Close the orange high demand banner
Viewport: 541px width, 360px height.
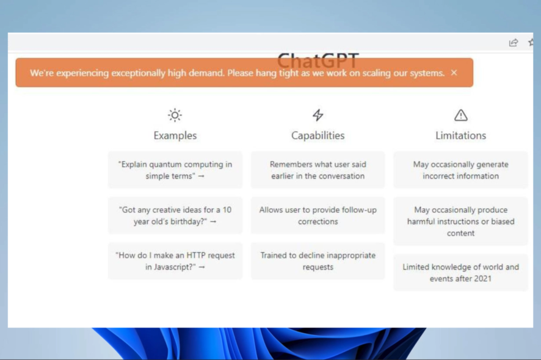454,73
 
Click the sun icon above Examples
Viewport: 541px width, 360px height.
175,115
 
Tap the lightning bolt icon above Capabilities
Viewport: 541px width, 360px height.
318,115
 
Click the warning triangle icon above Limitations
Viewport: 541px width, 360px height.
460,115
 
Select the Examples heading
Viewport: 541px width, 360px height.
175,135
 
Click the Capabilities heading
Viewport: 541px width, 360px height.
318,135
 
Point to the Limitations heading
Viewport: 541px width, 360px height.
460,135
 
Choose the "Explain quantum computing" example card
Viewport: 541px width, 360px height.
175,170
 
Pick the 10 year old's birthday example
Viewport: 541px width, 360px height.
175,215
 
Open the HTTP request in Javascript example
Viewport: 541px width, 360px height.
175,261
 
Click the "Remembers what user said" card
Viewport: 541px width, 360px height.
318,170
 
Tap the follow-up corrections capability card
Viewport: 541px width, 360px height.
318,215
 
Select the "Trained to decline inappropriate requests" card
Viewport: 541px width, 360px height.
318,261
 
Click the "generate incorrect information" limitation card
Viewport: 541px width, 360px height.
460,170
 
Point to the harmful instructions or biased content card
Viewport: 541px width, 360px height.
460,221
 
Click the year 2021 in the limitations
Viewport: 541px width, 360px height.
483,279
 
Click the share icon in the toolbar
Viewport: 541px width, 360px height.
514,43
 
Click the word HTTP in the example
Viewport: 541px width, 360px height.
195,256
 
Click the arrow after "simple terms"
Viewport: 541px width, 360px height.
201,176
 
